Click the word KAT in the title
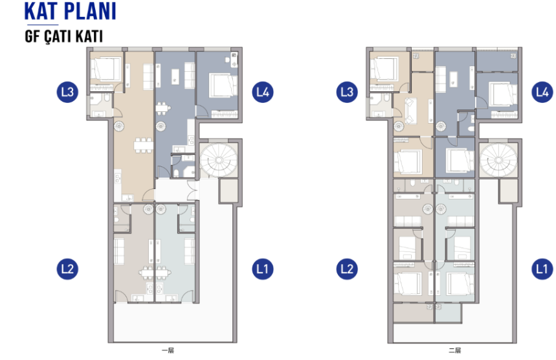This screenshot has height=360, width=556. (41, 12)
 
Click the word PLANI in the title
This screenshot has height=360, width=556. (90, 12)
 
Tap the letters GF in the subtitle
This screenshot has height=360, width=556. (32, 36)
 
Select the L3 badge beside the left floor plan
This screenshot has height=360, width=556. (67, 92)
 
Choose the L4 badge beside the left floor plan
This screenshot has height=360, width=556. (263, 92)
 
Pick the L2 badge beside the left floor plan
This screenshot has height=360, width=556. (67, 269)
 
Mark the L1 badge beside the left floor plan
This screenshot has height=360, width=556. (263, 269)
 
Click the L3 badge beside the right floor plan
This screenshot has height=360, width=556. (347, 92)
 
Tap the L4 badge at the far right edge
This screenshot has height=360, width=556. (542, 92)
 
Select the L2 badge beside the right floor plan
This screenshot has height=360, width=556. (347, 269)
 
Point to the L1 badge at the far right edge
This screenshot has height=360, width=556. (542, 269)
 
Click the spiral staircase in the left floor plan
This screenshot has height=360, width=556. (218, 161)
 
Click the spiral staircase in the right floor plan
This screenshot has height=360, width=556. (498, 161)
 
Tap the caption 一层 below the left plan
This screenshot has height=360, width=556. (168, 350)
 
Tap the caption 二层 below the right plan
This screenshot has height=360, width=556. (454, 350)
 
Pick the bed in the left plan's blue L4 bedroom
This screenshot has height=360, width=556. (223, 85)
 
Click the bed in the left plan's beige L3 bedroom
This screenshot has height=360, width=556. (106, 69)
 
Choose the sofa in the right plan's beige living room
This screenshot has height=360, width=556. (410, 111)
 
